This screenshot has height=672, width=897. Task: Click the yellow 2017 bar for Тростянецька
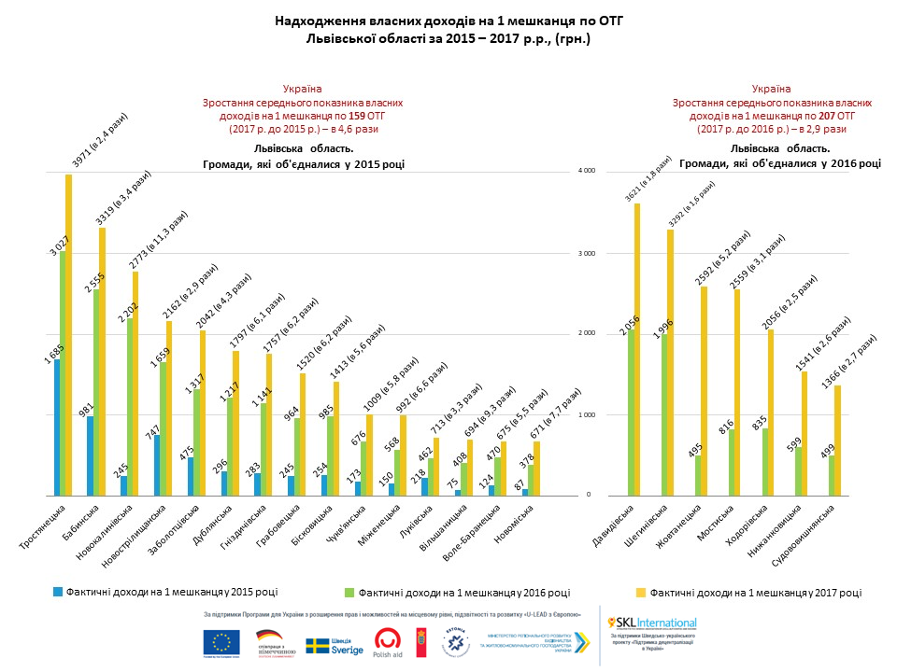tap(68, 336)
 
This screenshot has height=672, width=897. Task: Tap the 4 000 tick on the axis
tap(586, 172)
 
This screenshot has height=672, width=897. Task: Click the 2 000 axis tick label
tap(586, 334)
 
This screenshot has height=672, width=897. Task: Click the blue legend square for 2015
tap(57, 591)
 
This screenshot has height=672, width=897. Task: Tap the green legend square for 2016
tap(349, 592)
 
